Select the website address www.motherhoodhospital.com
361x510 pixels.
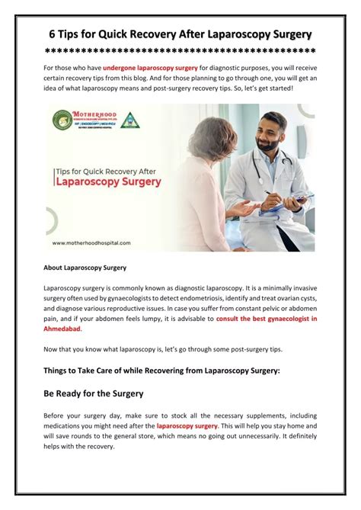91,242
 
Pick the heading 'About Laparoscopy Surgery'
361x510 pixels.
85,268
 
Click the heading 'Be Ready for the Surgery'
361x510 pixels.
94,393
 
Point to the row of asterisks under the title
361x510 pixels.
180,51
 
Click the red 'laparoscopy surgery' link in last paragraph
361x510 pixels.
187,425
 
